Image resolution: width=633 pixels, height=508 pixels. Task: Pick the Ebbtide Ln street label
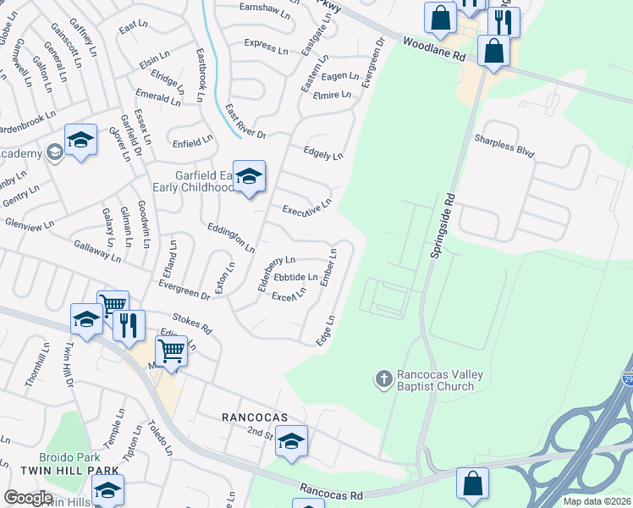tap(295, 276)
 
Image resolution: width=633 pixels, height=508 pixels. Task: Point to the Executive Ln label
tap(305, 208)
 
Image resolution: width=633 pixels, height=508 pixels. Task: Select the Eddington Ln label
tap(231, 237)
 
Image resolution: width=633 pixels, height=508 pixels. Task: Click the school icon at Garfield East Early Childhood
tap(250, 176)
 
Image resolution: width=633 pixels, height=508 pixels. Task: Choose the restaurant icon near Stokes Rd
tap(129, 325)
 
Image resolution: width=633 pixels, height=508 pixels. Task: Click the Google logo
tap(29, 497)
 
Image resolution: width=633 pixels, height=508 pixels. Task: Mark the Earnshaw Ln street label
tap(264, 15)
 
